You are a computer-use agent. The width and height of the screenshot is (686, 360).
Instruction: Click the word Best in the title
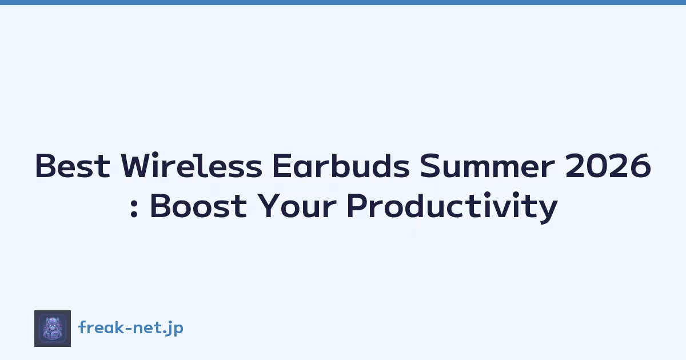point(73,166)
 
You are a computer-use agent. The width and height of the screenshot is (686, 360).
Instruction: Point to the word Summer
point(487,166)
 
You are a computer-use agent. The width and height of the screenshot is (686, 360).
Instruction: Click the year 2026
point(608,166)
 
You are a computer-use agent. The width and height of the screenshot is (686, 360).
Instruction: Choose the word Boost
point(198,206)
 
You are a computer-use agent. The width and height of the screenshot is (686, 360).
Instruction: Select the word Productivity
point(452,207)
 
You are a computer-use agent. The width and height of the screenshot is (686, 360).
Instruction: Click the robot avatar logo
point(53,329)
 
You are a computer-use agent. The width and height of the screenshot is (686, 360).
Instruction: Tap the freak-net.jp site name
point(131,328)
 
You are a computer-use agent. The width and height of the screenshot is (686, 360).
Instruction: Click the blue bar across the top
point(343,2)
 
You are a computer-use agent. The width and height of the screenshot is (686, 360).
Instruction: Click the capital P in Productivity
point(357,206)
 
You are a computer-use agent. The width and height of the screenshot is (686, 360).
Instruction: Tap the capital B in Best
point(46,165)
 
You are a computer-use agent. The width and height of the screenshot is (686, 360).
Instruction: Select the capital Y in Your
point(269,206)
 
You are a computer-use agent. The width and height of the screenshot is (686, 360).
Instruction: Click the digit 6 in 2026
point(640,166)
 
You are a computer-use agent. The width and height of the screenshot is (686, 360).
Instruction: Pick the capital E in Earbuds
point(282,165)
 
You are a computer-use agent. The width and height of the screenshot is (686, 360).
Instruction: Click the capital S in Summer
point(430,165)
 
